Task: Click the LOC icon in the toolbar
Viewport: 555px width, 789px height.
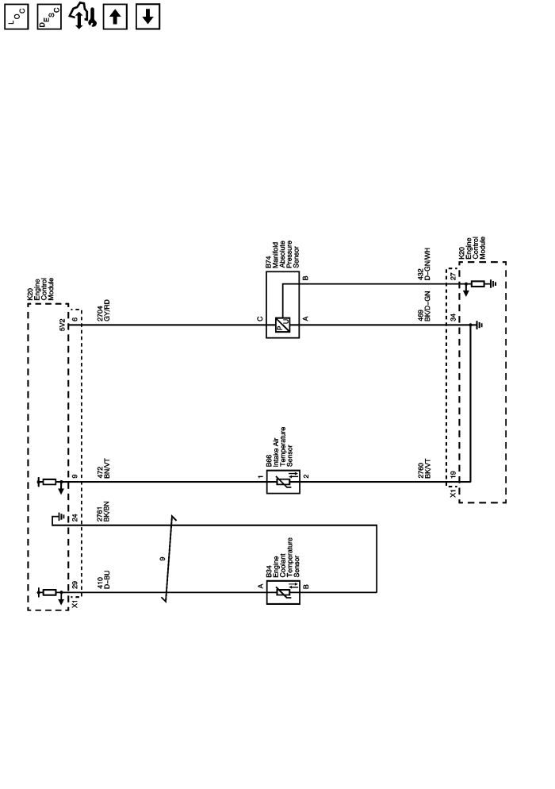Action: [17, 17]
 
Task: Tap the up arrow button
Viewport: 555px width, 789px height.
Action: [115, 17]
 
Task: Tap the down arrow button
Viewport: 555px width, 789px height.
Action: [147, 17]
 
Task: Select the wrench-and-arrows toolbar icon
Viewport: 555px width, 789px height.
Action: [82, 17]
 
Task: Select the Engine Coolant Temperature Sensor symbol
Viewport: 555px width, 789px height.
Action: [283, 591]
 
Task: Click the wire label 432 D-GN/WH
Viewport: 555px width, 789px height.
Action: [427, 264]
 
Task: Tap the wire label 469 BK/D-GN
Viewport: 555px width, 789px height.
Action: [427, 306]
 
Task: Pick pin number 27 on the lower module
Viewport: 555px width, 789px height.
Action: [454, 275]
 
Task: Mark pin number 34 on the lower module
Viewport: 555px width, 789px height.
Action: [454, 318]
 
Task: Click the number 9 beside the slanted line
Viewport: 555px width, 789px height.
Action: [163, 560]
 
